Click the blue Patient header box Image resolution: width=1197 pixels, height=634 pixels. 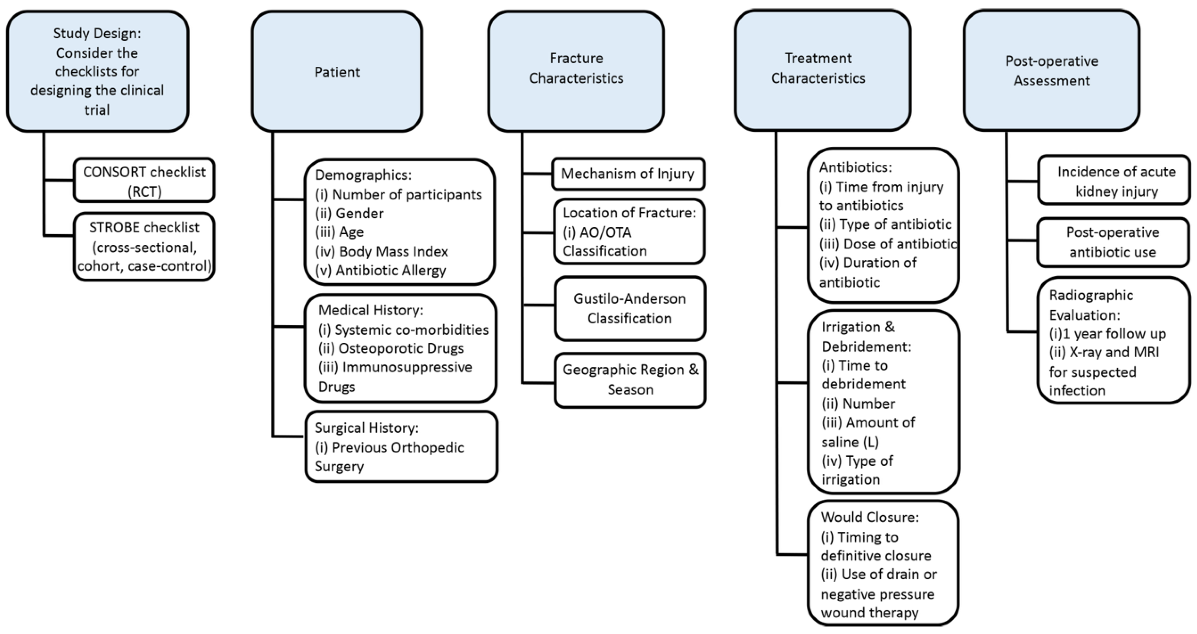coord(337,72)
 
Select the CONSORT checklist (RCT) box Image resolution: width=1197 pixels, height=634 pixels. coord(144,181)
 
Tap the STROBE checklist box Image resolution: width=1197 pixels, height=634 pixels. coord(144,247)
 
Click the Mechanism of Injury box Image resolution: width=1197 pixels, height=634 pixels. coord(628,174)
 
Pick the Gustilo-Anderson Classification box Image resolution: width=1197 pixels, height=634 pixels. coord(630,309)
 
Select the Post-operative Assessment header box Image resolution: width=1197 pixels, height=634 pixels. coord(1051,71)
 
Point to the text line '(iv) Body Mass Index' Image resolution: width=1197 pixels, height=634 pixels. coord(381,251)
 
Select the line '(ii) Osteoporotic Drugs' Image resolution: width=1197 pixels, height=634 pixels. coord(391,348)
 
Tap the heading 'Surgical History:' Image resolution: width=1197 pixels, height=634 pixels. coord(367,428)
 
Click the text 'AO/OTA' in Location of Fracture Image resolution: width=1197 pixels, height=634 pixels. coord(605,232)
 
